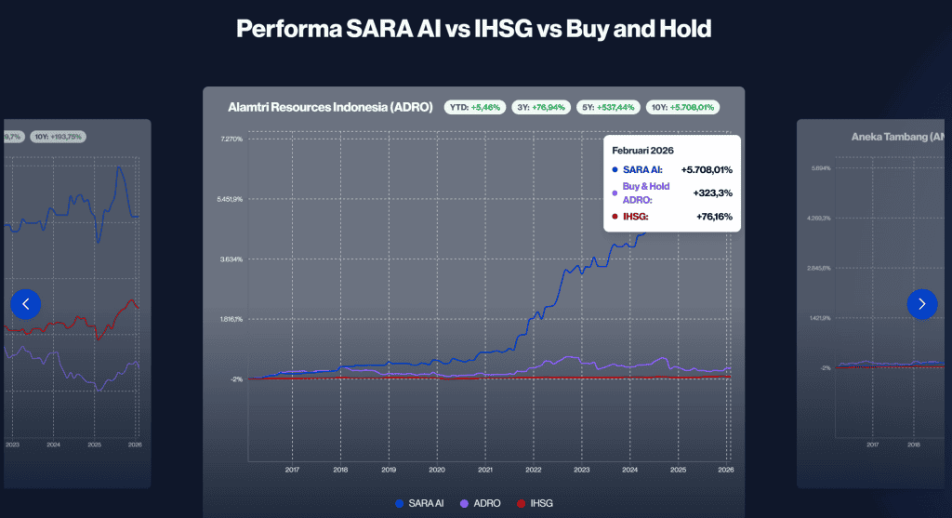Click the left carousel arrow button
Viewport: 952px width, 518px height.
point(26,303)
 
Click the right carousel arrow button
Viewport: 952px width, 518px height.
point(921,303)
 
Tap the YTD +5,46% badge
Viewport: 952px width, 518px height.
point(473,107)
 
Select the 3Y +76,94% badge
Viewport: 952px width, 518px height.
point(540,107)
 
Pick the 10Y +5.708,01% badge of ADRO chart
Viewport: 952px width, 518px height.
point(682,107)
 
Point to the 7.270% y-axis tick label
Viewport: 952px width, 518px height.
point(231,139)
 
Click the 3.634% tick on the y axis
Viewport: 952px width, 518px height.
point(231,259)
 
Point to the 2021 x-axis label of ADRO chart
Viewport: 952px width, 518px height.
point(485,470)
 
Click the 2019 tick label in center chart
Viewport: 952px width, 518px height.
point(389,470)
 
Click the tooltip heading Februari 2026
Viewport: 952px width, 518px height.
point(642,150)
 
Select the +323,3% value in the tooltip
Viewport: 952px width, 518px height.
point(713,193)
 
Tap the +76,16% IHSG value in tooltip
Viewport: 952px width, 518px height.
point(713,217)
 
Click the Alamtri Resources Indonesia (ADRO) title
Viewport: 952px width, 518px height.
point(330,107)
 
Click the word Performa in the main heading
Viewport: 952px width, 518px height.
point(279,29)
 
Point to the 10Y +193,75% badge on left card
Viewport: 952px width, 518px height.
point(58,137)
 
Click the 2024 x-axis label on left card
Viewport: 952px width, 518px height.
point(53,445)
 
